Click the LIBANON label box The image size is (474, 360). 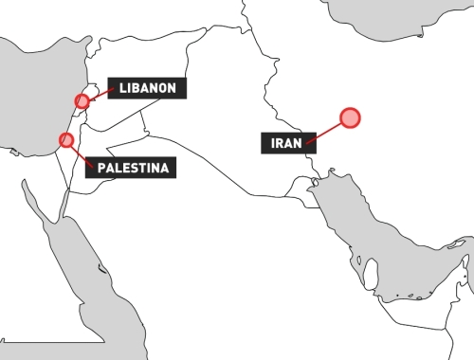(x=147, y=88)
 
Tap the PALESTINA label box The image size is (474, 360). (x=132, y=168)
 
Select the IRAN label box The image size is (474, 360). (x=284, y=143)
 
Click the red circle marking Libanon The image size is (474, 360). (x=82, y=100)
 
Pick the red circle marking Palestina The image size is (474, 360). (x=66, y=140)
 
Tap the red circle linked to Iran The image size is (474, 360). (x=350, y=117)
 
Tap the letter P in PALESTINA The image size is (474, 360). (x=101, y=168)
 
